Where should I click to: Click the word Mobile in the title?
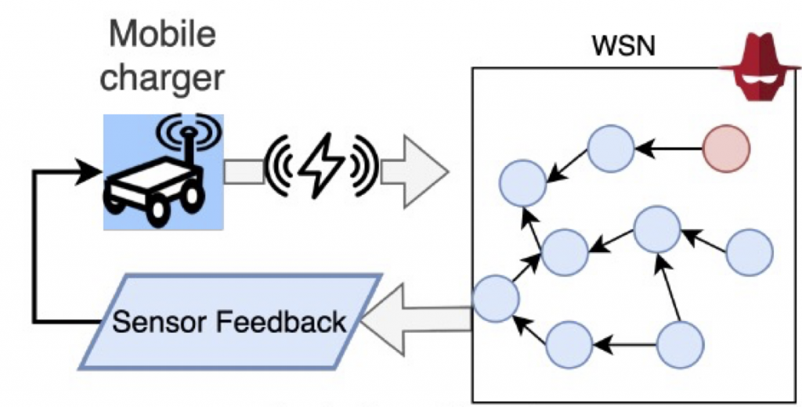point(163,36)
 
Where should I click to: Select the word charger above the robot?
point(163,78)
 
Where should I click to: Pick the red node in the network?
point(725,146)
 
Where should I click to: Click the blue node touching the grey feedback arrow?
point(495,298)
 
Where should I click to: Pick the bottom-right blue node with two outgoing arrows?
point(680,344)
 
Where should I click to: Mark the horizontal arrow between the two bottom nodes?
point(624,343)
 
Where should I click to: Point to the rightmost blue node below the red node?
point(750,252)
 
